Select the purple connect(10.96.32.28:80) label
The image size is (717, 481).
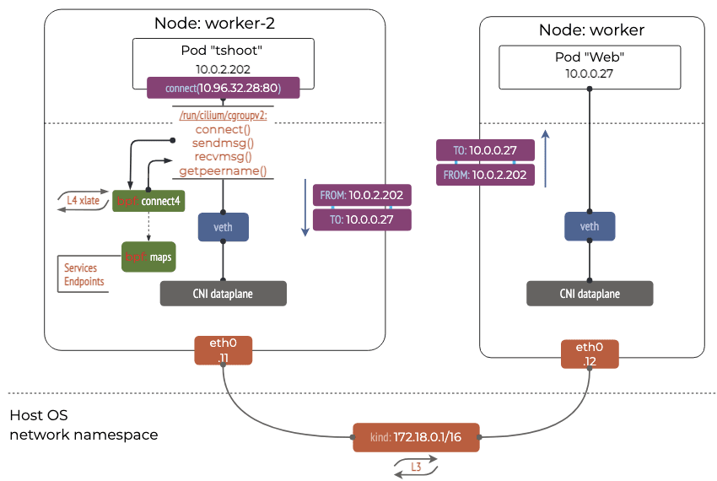tap(223, 87)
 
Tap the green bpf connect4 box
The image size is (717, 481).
tap(148, 201)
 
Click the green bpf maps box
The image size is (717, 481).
tap(148, 257)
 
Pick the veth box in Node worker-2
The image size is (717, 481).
tap(223, 226)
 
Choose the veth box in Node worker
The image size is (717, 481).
tap(590, 226)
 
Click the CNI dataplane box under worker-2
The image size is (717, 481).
tap(223, 293)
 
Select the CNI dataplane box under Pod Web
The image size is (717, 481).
tap(590, 293)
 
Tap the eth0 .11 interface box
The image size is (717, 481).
tap(224, 352)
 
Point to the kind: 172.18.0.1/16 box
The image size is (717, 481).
tap(415, 438)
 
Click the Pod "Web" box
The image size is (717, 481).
tap(590, 68)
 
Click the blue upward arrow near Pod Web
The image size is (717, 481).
tap(546, 157)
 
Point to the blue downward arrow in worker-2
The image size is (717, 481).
tap(305, 208)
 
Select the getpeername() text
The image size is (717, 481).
tap(223, 171)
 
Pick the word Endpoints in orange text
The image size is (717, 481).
tap(84, 282)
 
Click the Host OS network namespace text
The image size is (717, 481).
tap(83, 425)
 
